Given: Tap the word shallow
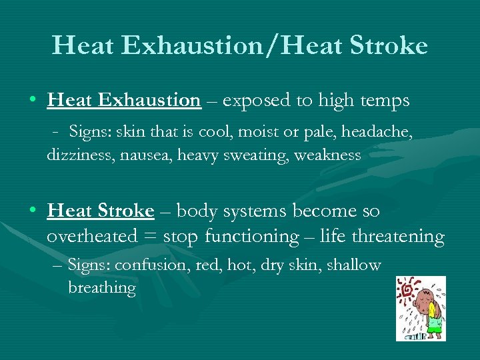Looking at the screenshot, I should click(355, 265).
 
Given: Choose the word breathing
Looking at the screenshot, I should click(101, 288).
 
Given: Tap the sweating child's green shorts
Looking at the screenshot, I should click(435, 327).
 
